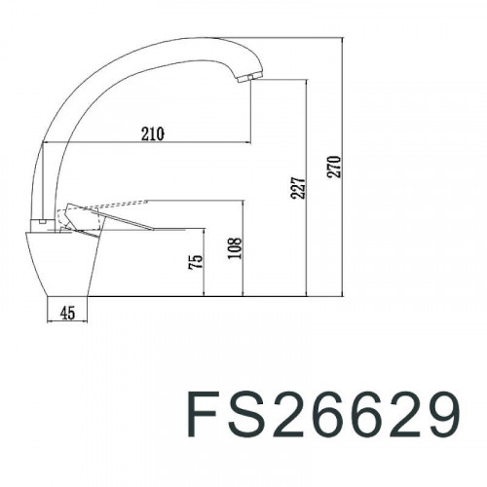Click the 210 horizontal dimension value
click(x=151, y=133)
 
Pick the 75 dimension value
click(x=195, y=262)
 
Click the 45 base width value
click(x=68, y=313)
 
